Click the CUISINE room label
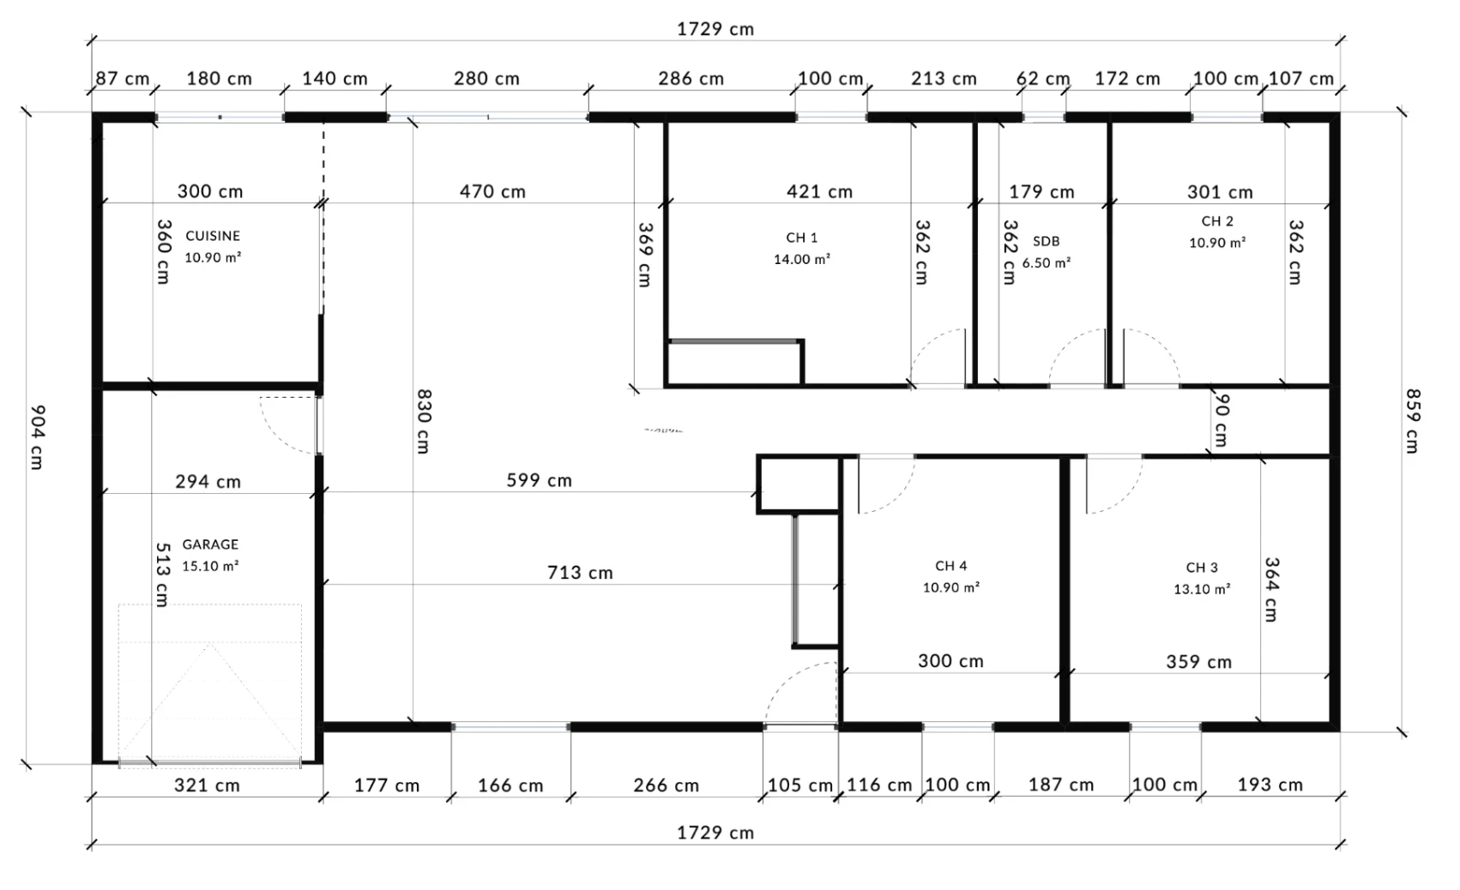(x=213, y=236)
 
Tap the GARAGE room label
(x=210, y=544)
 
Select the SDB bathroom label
(x=1047, y=241)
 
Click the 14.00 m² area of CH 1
(x=802, y=259)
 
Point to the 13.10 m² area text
(x=1202, y=589)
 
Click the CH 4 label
(x=951, y=566)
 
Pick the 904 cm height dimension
(x=38, y=437)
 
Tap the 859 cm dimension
(x=1413, y=421)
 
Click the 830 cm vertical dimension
(x=424, y=422)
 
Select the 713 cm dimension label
(x=580, y=573)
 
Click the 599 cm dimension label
(x=539, y=480)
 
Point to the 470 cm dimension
(x=492, y=191)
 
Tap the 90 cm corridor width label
(x=1222, y=420)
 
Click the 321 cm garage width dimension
(x=207, y=785)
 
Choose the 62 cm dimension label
(x=1043, y=79)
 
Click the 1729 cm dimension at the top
(x=715, y=29)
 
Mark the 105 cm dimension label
(x=800, y=785)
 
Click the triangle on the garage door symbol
(x=210, y=701)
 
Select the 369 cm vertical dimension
(x=645, y=255)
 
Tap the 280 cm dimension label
(x=487, y=79)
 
